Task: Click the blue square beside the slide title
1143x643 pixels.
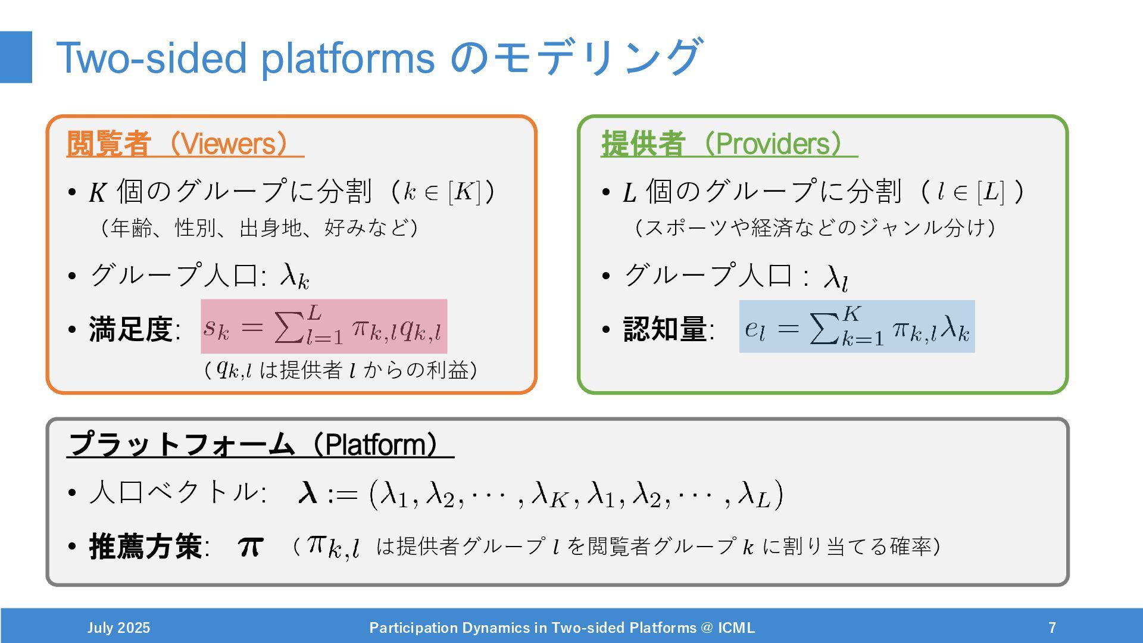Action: pyautogui.click(x=16, y=57)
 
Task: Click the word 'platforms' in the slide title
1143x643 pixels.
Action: pyautogui.click(x=348, y=58)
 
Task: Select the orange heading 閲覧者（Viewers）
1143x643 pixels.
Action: pyautogui.click(x=185, y=143)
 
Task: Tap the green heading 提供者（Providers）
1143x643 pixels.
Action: pyautogui.click(x=729, y=143)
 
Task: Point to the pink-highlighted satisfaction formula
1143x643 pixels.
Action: pyautogui.click(x=324, y=327)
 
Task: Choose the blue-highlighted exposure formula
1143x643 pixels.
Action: pyautogui.click(x=857, y=327)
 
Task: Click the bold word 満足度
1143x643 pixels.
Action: pyautogui.click(x=131, y=329)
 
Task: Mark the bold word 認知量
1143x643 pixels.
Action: pyautogui.click(x=665, y=329)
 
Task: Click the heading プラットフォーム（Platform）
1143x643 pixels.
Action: pyautogui.click(x=260, y=444)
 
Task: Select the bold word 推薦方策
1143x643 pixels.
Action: pyautogui.click(x=145, y=547)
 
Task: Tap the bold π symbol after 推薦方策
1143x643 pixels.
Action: pyautogui.click(x=251, y=547)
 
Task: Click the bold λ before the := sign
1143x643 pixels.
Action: pyautogui.click(x=307, y=493)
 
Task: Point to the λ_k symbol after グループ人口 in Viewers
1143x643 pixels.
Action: pyautogui.click(x=295, y=276)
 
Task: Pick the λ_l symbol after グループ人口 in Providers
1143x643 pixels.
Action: pyautogui.click(x=835, y=277)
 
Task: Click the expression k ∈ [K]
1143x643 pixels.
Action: pyautogui.click(x=441, y=192)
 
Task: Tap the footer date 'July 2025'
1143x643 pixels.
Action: pyautogui.click(x=118, y=628)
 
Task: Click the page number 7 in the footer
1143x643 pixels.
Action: pyautogui.click(x=1053, y=628)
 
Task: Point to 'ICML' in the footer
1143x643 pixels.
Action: pyautogui.click(x=736, y=628)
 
